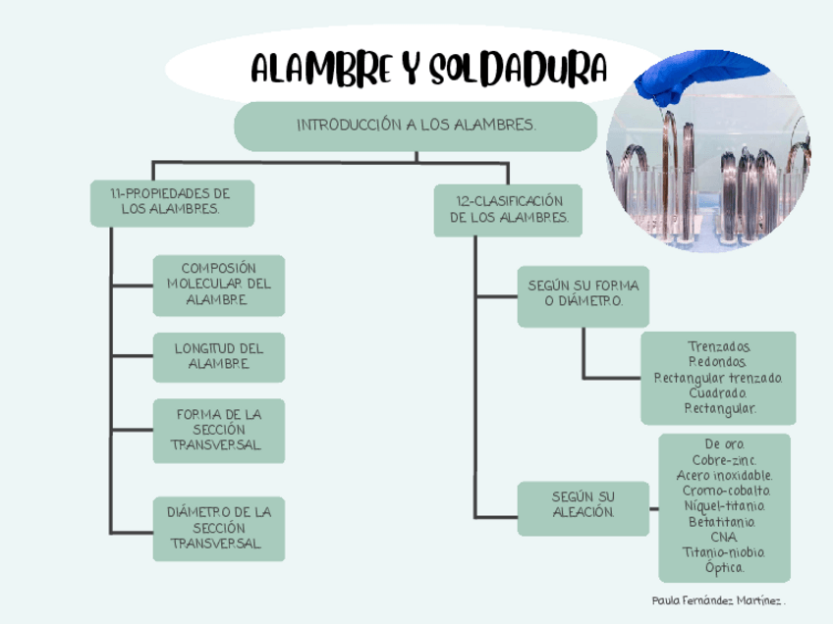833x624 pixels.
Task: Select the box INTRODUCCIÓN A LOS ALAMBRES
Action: click(416, 126)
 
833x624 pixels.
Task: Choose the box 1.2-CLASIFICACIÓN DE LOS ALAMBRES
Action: click(508, 209)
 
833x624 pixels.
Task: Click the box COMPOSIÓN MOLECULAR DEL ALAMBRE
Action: click(219, 285)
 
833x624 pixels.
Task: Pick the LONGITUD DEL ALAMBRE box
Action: click(219, 356)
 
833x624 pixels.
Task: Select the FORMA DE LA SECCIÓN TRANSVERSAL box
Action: click(219, 430)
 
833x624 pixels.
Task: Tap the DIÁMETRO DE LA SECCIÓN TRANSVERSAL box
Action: click(219, 528)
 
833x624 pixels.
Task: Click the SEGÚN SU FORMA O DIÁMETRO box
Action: click(583, 293)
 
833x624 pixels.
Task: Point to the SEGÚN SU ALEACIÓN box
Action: click(583, 505)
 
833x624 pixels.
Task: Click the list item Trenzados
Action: click(719, 347)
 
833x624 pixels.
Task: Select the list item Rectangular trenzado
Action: click(719, 378)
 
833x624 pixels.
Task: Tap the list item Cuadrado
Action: click(719, 392)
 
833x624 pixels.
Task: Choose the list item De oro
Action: click(725, 445)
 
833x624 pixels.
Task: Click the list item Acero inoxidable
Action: click(725, 476)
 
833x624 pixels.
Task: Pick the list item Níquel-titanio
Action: click(725, 506)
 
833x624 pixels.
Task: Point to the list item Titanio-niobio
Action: click(725, 552)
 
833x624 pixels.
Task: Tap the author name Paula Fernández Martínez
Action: click(719, 599)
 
